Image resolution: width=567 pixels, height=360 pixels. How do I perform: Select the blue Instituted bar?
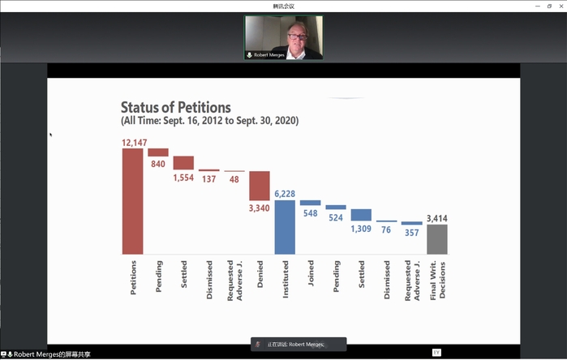tap(284, 227)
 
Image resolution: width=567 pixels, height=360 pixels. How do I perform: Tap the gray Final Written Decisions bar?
tap(436, 239)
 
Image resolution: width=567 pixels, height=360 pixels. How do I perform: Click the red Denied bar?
tap(259, 185)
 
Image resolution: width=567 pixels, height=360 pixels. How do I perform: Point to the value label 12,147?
tap(134, 143)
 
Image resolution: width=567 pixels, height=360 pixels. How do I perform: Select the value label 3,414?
tap(436, 218)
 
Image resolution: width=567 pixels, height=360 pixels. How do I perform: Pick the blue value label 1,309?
tap(362, 228)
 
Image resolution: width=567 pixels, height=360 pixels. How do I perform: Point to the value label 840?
tap(157, 164)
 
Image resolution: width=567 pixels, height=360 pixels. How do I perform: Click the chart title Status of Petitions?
tap(176, 108)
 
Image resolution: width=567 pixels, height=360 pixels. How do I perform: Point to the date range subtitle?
tap(209, 121)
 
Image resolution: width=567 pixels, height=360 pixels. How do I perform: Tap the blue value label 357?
tap(412, 233)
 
